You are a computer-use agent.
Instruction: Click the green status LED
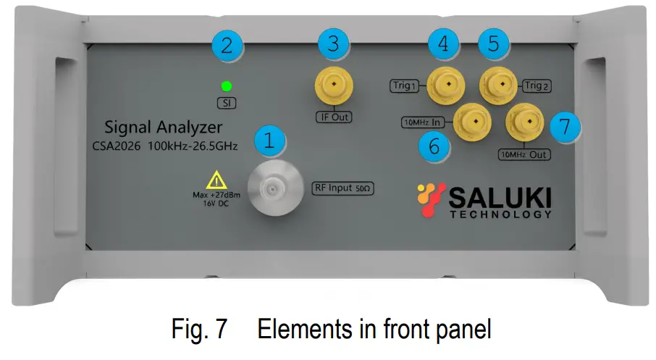coord(226,85)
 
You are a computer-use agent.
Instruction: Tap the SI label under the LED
coord(227,103)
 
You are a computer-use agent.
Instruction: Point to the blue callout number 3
coord(332,43)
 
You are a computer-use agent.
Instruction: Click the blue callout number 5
coord(494,43)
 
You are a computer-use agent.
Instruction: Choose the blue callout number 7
coord(565,125)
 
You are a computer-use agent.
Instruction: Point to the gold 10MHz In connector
coord(472,121)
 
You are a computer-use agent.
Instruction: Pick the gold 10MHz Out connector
coord(523,122)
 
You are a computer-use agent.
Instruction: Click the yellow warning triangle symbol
coord(216,180)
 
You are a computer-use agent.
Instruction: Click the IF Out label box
coord(332,117)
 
